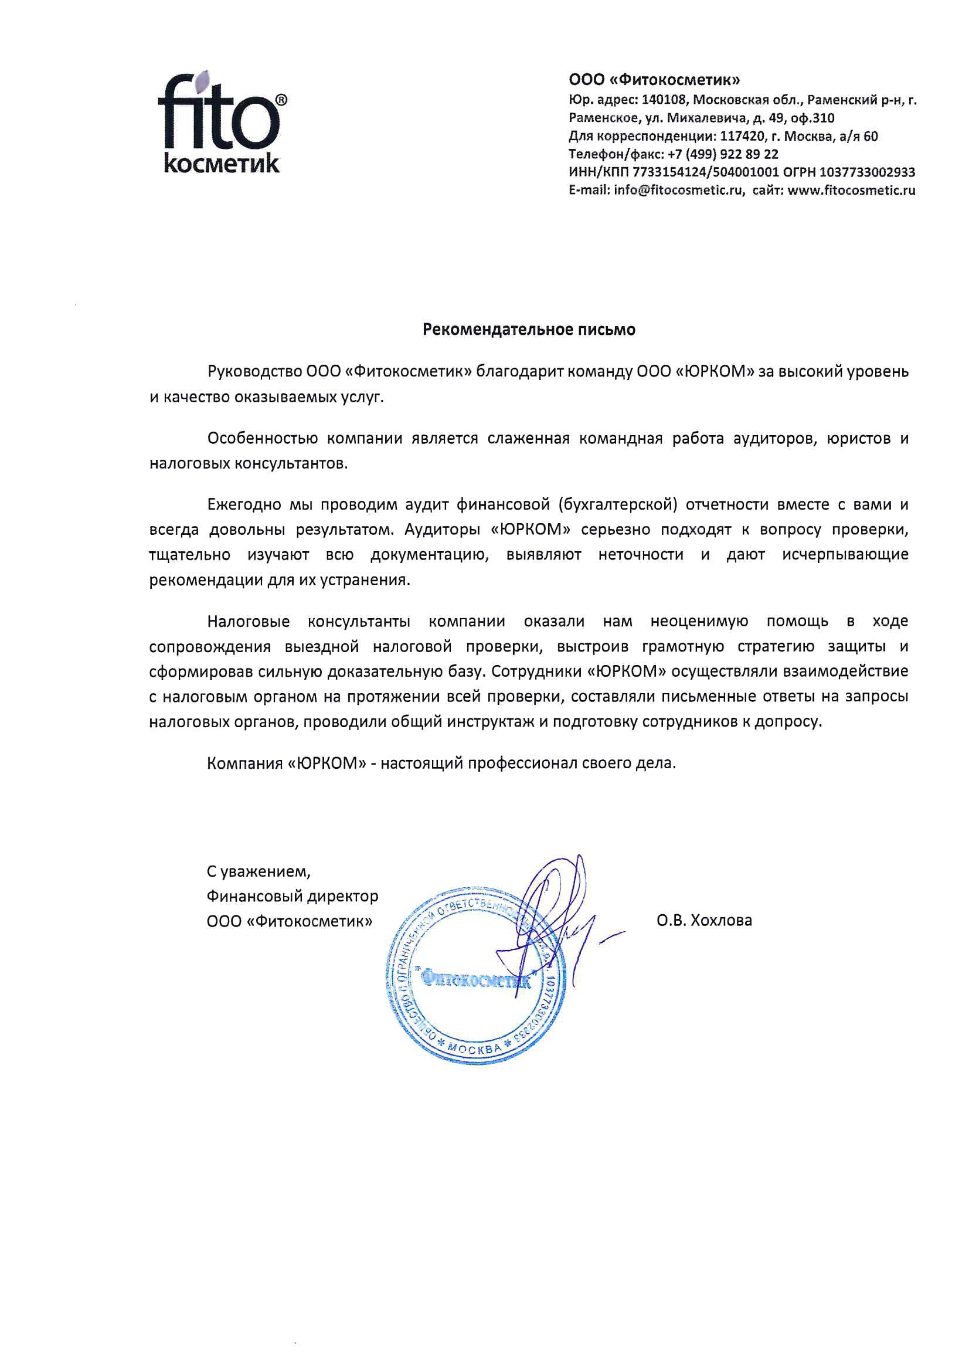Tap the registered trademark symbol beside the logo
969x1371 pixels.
coord(281,100)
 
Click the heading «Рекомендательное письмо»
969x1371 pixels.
coord(529,330)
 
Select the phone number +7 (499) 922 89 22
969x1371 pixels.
coord(723,154)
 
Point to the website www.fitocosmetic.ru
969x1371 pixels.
coord(851,191)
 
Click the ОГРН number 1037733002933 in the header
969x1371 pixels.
coord(868,172)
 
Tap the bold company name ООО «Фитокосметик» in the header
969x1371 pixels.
coord(654,80)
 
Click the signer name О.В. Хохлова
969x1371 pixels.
coord(704,920)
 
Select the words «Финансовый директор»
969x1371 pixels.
coord(293,896)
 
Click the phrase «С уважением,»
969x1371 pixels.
coord(259,872)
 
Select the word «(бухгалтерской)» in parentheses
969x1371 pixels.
coord(618,504)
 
